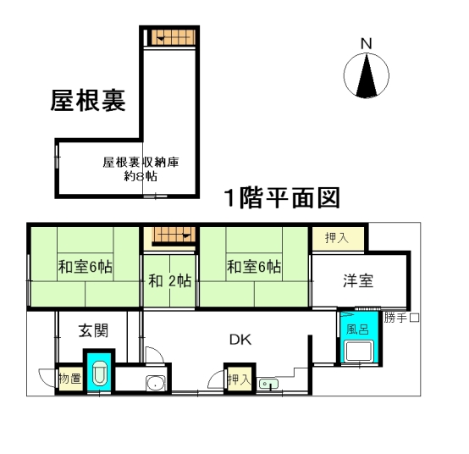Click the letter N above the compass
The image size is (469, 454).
pyautogui.click(x=366, y=44)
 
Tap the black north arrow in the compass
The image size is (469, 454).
pyautogui.click(x=367, y=75)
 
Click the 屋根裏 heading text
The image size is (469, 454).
pyautogui.click(x=88, y=101)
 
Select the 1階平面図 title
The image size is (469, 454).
pyautogui.click(x=283, y=197)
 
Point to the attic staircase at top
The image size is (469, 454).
pyautogui.click(x=174, y=37)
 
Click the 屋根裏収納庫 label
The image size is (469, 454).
pyautogui.click(x=141, y=162)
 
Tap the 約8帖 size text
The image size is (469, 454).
pyautogui.click(x=141, y=176)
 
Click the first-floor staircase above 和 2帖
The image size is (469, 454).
pyautogui.click(x=174, y=235)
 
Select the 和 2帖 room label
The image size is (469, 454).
pyautogui.click(x=170, y=281)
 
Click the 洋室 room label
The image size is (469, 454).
pyautogui.click(x=358, y=281)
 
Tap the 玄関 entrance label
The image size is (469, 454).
pyautogui.click(x=93, y=331)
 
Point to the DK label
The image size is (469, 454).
pyautogui.click(x=240, y=340)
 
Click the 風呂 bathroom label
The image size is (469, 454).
pyautogui.click(x=357, y=329)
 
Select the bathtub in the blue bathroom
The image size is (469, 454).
pyautogui.click(x=358, y=352)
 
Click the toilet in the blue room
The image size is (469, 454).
pyautogui.click(x=99, y=374)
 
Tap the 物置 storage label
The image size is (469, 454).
pyautogui.click(x=70, y=379)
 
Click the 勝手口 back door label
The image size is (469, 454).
pyautogui.click(x=402, y=318)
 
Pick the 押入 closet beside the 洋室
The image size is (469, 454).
pyautogui.click(x=338, y=239)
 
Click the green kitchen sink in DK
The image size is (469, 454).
pyautogui.click(x=268, y=384)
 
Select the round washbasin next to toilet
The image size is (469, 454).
pyautogui.click(x=155, y=383)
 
